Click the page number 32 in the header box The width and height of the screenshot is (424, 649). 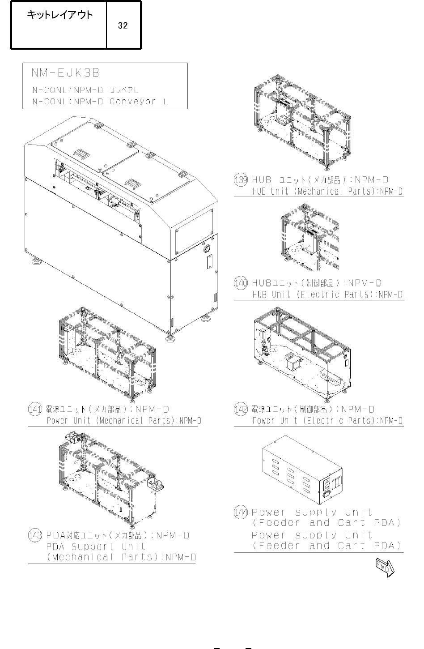click(x=123, y=26)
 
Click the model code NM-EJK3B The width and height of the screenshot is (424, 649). click(x=65, y=73)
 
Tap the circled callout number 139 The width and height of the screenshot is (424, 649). click(x=241, y=180)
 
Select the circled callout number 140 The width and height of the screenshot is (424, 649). click(x=241, y=283)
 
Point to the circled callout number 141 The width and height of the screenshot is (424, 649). click(x=35, y=409)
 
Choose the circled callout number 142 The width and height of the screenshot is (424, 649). click(x=241, y=409)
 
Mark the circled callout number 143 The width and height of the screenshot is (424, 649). click(x=35, y=535)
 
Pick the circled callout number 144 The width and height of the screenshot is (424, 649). click(x=241, y=512)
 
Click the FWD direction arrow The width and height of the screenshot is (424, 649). click(x=385, y=567)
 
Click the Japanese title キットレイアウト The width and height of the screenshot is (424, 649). click(x=60, y=15)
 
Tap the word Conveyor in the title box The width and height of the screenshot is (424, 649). click(x=132, y=102)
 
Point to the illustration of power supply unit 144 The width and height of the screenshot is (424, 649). click(x=302, y=470)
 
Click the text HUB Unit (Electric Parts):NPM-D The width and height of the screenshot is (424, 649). click(x=327, y=295)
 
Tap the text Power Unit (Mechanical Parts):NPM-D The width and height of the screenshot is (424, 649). click(x=124, y=421)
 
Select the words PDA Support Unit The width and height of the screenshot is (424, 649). click(x=96, y=547)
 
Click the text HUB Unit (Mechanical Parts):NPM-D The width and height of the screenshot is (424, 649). click(x=327, y=192)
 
